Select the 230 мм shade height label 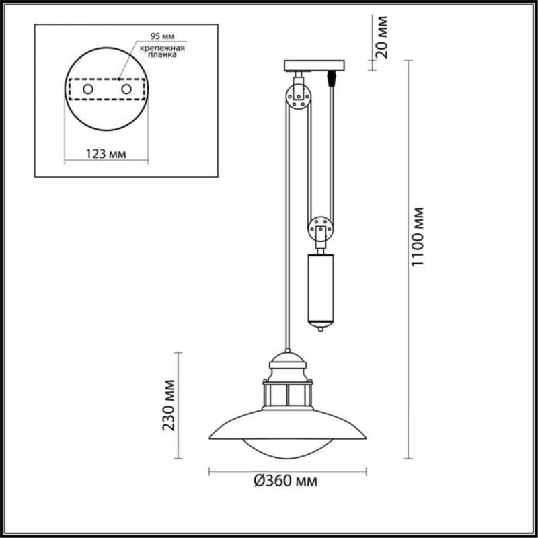click(x=169, y=406)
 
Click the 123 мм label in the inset click(x=106, y=154)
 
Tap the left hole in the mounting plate click(x=87, y=89)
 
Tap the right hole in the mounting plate click(x=124, y=89)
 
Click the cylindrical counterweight click(x=320, y=286)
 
